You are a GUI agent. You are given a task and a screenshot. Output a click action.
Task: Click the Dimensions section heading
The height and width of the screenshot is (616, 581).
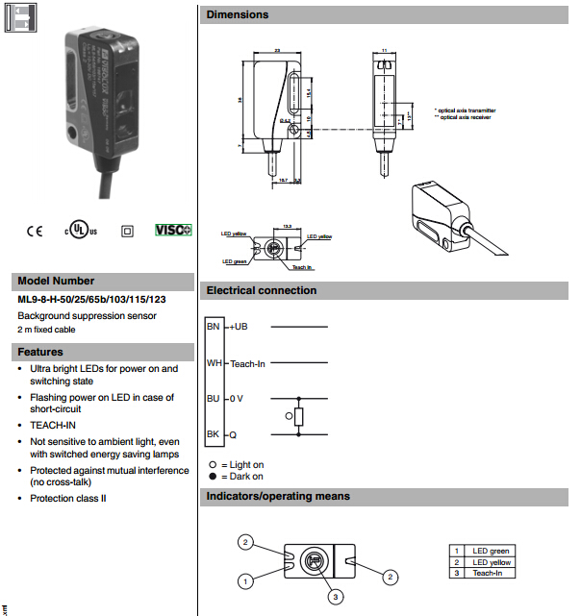click(238, 14)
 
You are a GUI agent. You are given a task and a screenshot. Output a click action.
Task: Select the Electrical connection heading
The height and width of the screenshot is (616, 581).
click(262, 290)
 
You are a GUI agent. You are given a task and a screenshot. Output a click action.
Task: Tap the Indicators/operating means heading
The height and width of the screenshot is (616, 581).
click(278, 496)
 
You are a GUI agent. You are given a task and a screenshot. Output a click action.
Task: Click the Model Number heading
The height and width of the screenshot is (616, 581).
click(56, 281)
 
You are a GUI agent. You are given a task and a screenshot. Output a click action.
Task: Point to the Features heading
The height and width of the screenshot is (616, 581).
click(40, 352)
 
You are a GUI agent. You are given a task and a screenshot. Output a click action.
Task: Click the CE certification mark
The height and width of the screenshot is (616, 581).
click(35, 231)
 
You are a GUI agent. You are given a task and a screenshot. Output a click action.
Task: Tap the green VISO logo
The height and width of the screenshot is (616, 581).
click(173, 231)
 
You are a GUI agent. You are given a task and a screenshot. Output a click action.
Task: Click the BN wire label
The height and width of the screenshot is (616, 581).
click(214, 327)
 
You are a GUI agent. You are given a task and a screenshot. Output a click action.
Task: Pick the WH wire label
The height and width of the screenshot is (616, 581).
click(214, 363)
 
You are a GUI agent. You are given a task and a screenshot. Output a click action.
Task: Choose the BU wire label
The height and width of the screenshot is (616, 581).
click(214, 398)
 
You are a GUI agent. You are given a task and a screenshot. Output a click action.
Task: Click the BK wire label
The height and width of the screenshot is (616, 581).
click(214, 434)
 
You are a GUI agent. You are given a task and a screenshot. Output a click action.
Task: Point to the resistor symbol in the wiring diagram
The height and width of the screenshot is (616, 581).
click(300, 416)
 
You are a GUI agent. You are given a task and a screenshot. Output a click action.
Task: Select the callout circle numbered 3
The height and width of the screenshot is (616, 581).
click(335, 597)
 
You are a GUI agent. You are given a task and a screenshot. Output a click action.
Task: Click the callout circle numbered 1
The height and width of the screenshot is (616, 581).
click(247, 580)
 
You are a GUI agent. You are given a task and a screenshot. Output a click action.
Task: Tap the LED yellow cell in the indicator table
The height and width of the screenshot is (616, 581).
click(492, 562)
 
